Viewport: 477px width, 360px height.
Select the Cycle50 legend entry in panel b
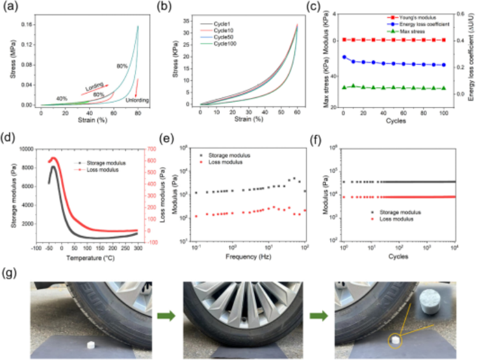(x=224, y=37)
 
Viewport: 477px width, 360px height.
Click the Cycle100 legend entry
(x=225, y=44)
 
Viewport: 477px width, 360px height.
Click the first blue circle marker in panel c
(x=344, y=57)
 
